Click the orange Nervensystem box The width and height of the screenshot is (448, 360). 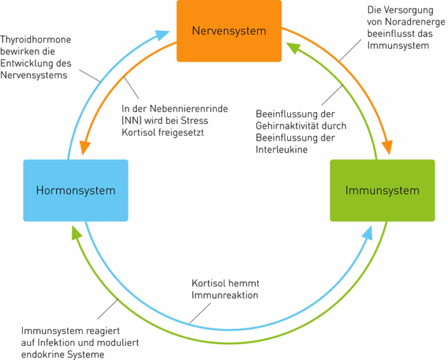click(x=229, y=31)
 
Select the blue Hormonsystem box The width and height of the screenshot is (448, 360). click(x=76, y=190)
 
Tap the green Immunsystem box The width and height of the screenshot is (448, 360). click(x=383, y=190)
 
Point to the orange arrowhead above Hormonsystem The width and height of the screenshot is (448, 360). click(x=85, y=147)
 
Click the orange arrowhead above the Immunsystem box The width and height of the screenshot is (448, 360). click(x=388, y=147)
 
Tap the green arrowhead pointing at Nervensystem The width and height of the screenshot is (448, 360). click(x=293, y=48)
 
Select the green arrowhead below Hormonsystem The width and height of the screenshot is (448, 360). click(x=76, y=232)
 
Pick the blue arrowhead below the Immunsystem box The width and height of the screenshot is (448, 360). click(x=367, y=232)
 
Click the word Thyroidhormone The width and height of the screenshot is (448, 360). click(x=36, y=39)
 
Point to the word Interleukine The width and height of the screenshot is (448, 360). click(x=282, y=149)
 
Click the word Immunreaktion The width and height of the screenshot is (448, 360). click(x=225, y=295)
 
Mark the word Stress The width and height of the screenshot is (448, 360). click(x=194, y=121)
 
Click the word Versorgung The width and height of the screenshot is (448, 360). click(x=409, y=10)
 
